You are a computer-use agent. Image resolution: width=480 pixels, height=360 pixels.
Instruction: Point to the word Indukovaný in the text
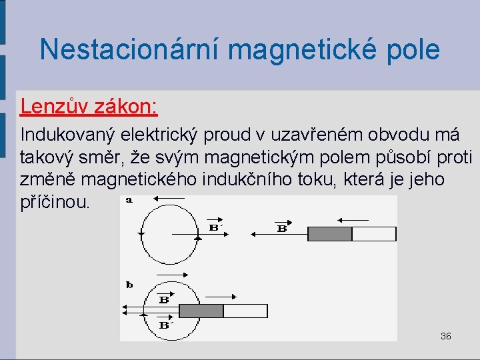(x=69, y=135)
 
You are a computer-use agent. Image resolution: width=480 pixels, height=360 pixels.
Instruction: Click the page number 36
(x=445, y=336)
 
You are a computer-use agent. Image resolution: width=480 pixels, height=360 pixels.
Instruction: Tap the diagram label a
(x=129, y=199)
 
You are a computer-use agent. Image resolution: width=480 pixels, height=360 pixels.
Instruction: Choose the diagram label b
(x=129, y=285)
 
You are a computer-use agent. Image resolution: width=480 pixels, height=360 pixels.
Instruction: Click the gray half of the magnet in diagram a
(x=329, y=234)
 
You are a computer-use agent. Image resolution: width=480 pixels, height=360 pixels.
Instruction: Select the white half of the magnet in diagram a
(x=373, y=234)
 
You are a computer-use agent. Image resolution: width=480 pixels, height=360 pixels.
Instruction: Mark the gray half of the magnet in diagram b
(x=201, y=311)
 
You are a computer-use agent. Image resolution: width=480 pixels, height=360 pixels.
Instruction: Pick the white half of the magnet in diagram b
(x=245, y=311)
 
